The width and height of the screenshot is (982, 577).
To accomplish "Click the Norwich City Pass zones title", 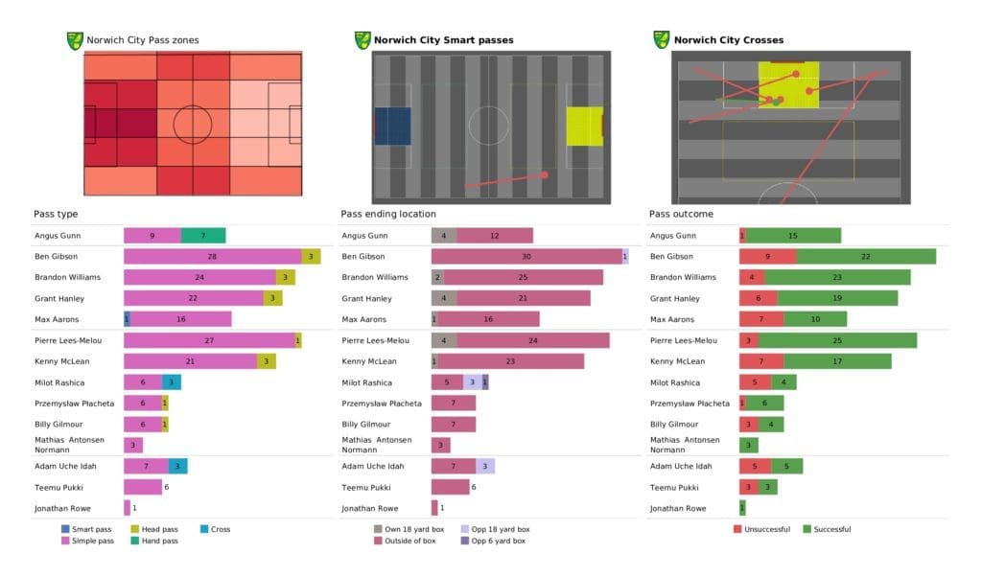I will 143,40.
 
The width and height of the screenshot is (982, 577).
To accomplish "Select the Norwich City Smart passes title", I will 443,40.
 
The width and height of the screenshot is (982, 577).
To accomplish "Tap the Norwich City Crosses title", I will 728,40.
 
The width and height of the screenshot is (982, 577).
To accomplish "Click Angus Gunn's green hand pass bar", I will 203,236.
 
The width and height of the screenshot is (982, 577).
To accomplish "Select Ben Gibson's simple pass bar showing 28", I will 212,256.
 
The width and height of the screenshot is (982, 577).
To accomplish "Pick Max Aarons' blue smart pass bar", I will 127,319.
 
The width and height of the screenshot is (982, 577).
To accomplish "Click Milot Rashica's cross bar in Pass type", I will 171,382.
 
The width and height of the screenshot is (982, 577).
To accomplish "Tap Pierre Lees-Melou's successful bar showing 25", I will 837,340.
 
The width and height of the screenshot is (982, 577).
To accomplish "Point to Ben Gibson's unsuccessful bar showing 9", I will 767,256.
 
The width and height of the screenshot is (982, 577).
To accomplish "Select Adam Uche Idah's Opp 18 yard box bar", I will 485,466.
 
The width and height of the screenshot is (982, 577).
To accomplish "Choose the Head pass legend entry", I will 164,529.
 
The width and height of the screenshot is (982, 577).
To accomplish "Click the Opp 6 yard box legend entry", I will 494,542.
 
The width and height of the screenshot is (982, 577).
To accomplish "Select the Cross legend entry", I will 218,529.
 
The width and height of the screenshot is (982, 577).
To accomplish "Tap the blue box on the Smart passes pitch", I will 392,126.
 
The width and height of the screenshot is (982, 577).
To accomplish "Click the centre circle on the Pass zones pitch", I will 193,125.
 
